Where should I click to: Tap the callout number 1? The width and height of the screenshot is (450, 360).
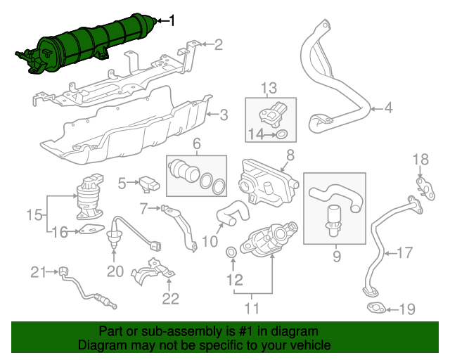click(x=172, y=20)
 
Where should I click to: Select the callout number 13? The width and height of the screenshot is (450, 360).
click(x=269, y=88)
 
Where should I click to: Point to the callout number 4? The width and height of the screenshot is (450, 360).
click(x=388, y=108)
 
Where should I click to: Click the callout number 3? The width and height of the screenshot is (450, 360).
click(x=224, y=115)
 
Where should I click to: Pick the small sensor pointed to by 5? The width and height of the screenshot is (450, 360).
click(x=149, y=184)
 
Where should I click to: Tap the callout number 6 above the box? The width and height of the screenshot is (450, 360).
click(x=197, y=144)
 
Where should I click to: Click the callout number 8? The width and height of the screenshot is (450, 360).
click(x=290, y=155)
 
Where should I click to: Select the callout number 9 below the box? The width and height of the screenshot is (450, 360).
click(x=337, y=256)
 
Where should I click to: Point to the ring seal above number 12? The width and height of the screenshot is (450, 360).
click(x=231, y=252)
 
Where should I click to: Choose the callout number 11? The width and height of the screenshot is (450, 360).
click(x=252, y=309)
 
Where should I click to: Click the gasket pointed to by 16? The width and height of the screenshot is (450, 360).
click(x=91, y=229)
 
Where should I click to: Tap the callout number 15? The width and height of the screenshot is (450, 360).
click(x=34, y=214)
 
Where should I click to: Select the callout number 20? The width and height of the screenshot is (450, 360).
click(x=115, y=271)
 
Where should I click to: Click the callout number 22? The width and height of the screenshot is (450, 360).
click(x=171, y=299)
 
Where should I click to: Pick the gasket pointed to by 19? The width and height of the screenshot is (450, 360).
click(x=377, y=309)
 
